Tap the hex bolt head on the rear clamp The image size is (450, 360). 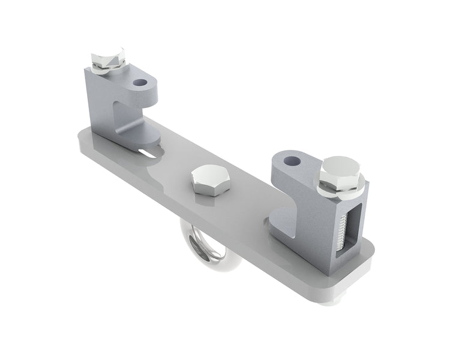(x=108, y=58)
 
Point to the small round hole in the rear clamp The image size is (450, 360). (x=142, y=82)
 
